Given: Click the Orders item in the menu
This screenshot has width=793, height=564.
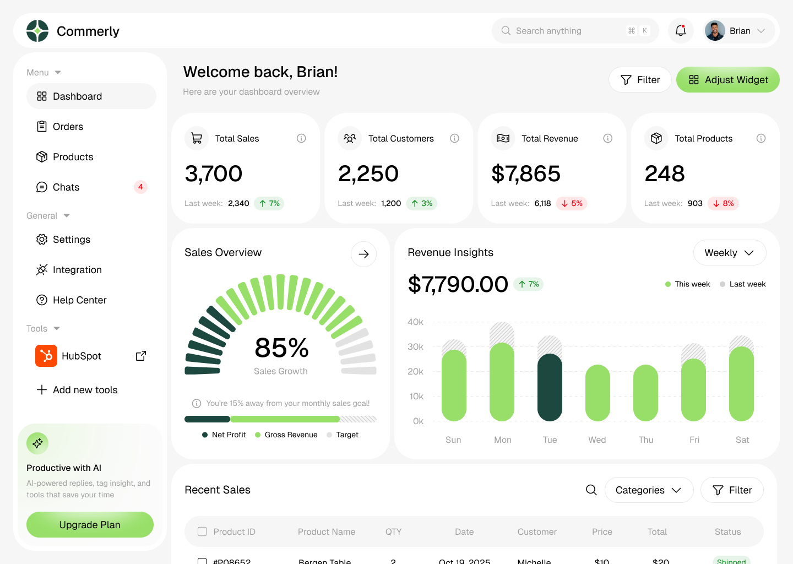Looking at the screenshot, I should [68, 127].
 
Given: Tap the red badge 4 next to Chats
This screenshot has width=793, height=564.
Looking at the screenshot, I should [140, 187].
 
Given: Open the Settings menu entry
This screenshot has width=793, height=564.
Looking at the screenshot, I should [71, 240].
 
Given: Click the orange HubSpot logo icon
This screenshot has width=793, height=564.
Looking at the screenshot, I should [46, 356].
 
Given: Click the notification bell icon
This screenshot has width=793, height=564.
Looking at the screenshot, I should [681, 31].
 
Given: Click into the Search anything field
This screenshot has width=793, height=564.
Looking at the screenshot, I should [567, 31].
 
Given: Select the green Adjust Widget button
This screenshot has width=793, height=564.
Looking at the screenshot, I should [727, 80].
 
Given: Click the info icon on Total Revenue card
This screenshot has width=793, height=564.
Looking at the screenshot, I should [607, 138].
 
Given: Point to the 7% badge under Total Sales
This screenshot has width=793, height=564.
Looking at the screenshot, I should [269, 203].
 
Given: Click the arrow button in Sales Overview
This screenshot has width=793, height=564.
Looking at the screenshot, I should [363, 254].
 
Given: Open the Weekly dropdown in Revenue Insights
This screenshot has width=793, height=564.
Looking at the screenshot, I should [729, 253].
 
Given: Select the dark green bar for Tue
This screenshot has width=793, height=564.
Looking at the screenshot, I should [550, 387].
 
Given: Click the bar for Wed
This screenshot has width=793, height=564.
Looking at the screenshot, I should [598, 393].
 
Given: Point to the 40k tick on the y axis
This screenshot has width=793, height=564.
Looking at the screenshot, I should [415, 322].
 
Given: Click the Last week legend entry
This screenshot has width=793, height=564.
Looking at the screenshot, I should [742, 284].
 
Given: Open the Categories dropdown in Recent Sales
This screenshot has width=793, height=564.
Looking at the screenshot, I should [648, 490].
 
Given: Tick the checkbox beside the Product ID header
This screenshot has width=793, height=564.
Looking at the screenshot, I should [202, 532].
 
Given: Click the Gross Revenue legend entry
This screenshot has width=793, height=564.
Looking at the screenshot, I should [286, 435].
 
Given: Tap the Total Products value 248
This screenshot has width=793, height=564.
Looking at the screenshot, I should [665, 174].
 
